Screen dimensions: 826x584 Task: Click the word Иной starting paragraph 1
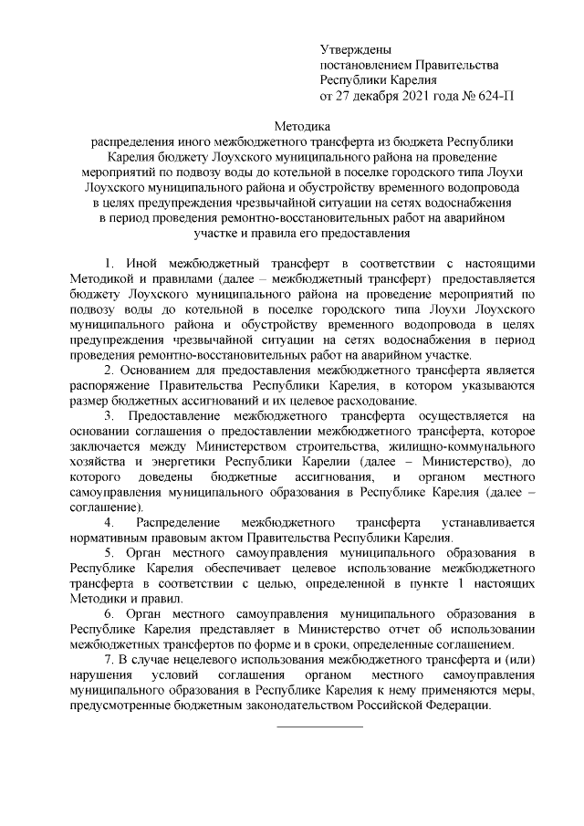pyautogui.click(x=148, y=263)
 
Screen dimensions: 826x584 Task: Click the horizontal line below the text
pyautogui.click(x=319, y=726)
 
